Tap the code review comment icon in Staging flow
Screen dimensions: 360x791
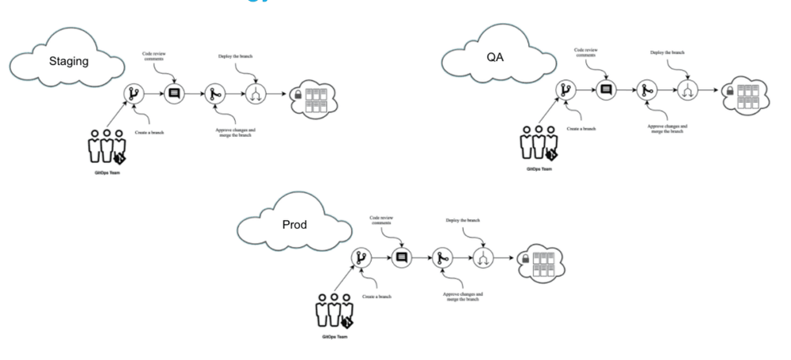point(175,93)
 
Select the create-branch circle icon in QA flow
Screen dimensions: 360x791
point(566,90)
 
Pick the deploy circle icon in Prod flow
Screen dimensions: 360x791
point(482,258)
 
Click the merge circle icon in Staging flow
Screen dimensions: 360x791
point(214,94)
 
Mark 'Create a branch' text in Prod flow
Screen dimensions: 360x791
point(378,296)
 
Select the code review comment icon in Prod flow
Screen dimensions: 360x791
point(401,257)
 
